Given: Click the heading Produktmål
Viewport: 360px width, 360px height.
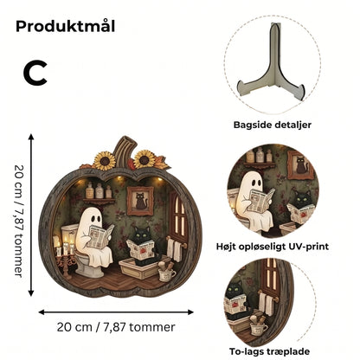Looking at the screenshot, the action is coord(66,26).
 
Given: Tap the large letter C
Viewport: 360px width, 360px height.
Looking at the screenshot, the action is coord(35,74).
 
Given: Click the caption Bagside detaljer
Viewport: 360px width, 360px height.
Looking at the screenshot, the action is coord(273,125).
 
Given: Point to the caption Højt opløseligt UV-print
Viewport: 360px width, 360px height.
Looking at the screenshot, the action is coord(273,247).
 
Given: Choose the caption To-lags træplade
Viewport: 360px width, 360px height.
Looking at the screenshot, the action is coord(269,351).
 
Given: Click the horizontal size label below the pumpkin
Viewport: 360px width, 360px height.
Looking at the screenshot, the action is coord(116,327).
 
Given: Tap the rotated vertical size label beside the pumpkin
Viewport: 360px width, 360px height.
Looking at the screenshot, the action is coord(19,221).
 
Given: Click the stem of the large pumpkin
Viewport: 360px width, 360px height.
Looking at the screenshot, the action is coord(125,151).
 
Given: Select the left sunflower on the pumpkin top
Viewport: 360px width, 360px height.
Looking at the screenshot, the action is coord(104,161).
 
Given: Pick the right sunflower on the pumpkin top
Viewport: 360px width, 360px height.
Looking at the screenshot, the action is coord(145,159).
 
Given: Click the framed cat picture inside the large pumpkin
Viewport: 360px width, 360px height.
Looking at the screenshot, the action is coord(140,201).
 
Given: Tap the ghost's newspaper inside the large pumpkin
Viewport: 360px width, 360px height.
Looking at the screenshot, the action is coord(100,236).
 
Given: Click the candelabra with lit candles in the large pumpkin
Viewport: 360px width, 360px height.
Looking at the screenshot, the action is coord(65,254).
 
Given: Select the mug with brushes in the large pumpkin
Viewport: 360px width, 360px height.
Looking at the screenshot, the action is coord(166,272).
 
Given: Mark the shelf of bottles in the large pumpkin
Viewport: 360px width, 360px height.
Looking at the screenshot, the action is coord(99,193).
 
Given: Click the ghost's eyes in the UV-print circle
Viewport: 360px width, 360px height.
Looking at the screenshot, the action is coord(256,183).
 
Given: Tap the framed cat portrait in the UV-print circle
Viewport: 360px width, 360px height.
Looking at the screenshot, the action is coord(301,164).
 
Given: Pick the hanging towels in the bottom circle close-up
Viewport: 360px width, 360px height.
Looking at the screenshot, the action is coord(267,304).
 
